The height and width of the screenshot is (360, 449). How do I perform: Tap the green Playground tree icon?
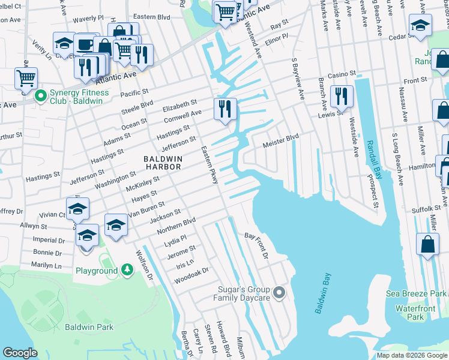(x=127, y=271)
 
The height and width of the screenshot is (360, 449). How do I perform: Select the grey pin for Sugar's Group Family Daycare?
(x=279, y=293)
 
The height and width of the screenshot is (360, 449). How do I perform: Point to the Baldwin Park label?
(x=89, y=328)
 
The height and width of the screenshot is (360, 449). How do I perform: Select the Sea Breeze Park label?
(x=416, y=293)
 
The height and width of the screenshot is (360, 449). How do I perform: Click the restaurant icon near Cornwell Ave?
(x=225, y=109)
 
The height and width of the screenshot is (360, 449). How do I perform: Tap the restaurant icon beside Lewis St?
(x=341, y=96)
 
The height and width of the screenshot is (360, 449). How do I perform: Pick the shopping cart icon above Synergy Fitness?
(x=26, y=77)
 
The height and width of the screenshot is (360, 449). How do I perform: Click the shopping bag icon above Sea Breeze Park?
(x=427, y=245)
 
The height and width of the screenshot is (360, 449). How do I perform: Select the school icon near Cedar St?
(x=420, y=25)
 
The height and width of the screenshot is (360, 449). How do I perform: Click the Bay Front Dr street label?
(x=256, y=245)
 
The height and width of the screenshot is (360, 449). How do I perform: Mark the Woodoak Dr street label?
(x=191, y=275)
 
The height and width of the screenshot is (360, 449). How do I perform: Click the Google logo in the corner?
(x=20, y=353)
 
